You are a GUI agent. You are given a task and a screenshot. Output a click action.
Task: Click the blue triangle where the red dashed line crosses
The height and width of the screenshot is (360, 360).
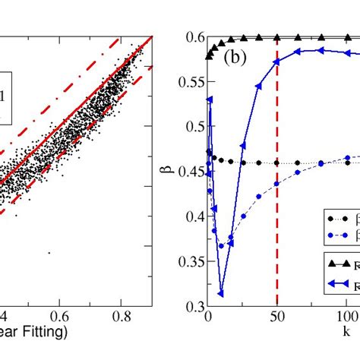pos(277,62)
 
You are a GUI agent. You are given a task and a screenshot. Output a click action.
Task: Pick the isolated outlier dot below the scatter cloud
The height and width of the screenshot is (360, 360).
pos(49,252)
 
